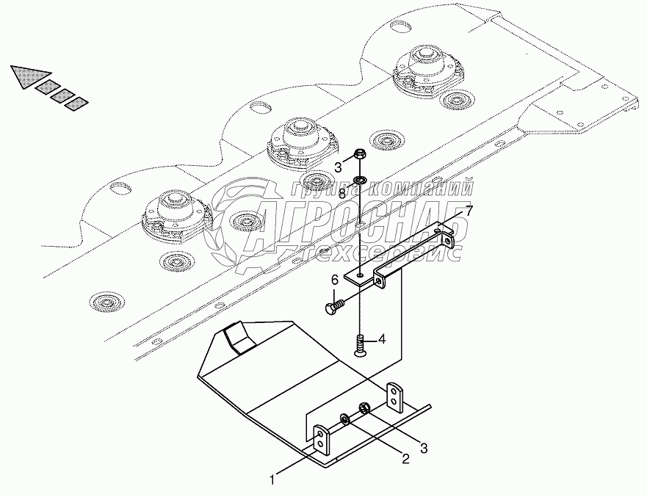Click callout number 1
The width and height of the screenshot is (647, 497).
point(272,481)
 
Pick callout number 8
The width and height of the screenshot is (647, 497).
point(342,192)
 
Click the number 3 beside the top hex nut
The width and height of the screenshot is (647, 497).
point(339,167)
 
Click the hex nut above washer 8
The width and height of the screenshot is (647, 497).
point(361,155)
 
